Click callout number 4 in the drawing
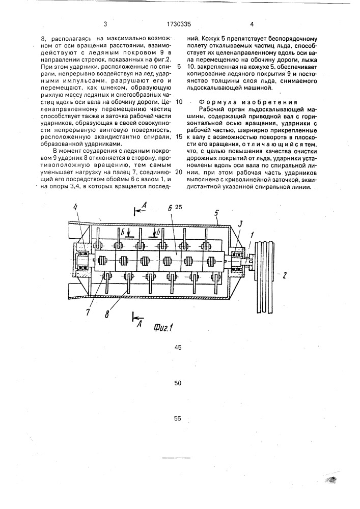click(75, 207)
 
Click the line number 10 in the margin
click(178, 101)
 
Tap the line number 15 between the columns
click(178, 137)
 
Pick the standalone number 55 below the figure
click(178, 419)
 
